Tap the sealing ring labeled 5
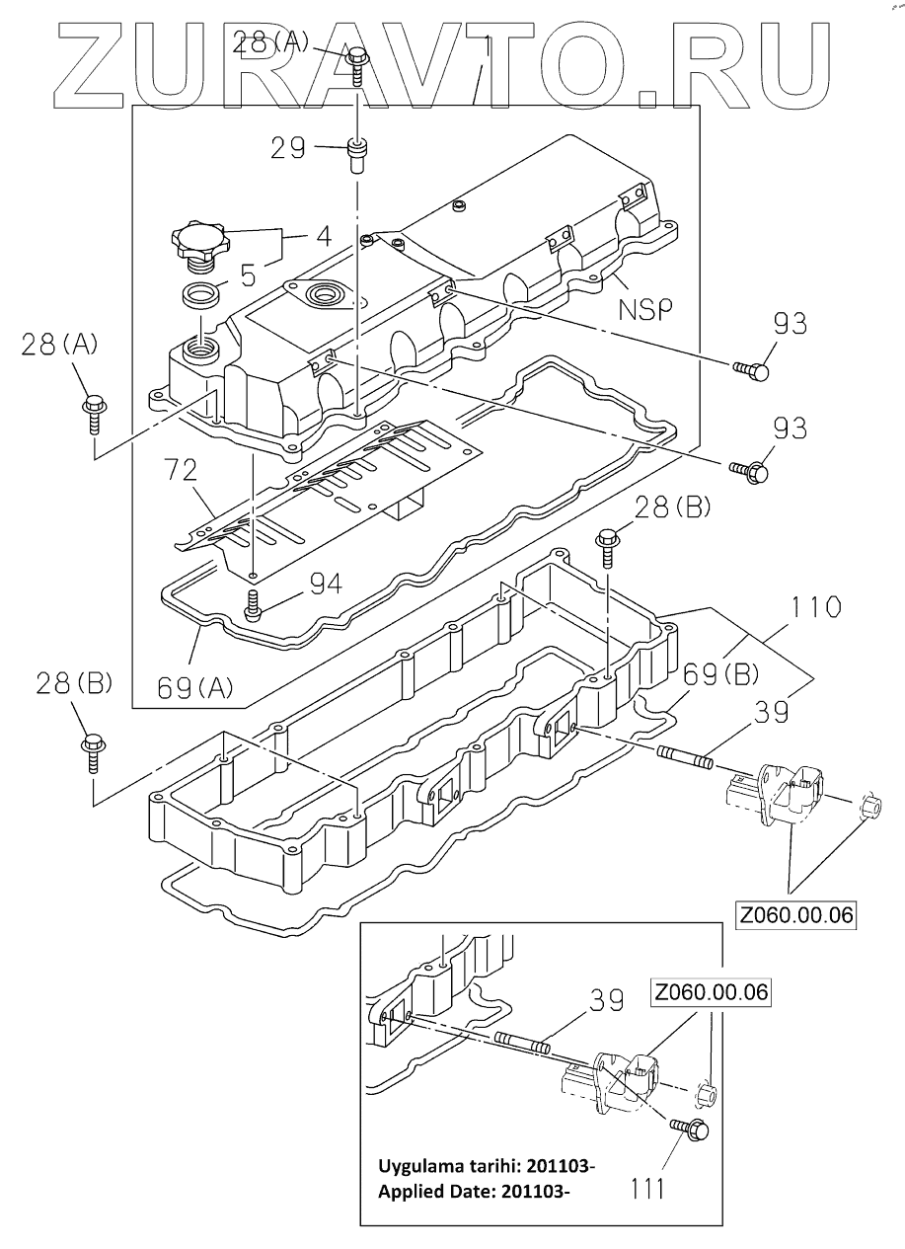click(x=200, y=293)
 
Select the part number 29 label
click(x=288, y=148)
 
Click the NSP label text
click(x=645, y=309)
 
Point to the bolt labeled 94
click(x=253, y=603)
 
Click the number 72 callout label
click(x=182, y=470)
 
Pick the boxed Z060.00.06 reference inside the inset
click(x=712, y=992)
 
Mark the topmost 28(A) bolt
click(x=356, y=66)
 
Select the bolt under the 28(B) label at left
click(x=93, y=754)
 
